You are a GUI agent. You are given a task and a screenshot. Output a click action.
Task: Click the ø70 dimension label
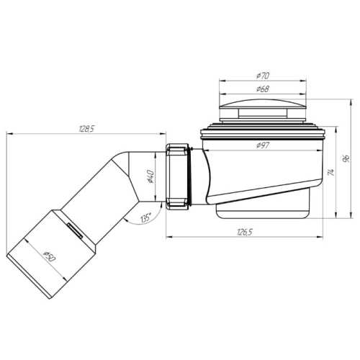[x=263, y=76]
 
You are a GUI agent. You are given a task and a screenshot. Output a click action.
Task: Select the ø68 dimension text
[x=263, y=89]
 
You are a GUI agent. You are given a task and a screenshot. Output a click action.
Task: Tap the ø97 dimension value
[x=263, y=145]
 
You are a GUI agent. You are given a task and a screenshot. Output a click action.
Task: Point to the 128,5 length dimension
[x=86, y=129]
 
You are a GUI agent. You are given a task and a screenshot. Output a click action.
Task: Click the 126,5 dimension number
[x=245, y=232]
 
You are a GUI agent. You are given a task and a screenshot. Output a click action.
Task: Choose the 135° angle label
[x=146, y=218]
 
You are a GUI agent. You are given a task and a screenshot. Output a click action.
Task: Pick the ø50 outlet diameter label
[x=49, y=256]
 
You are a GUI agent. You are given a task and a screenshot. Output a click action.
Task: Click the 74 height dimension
[x=331, y=172]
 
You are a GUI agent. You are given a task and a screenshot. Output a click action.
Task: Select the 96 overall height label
[x=346, y=158]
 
